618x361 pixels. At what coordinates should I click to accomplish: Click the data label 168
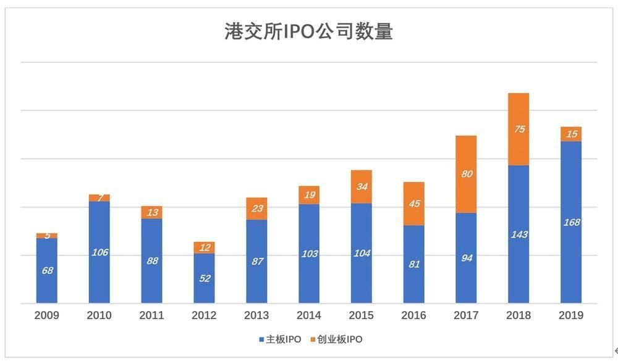571,222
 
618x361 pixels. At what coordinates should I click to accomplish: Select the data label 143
519,234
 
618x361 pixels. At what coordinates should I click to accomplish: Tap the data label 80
466,174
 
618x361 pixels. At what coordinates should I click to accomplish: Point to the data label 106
99,252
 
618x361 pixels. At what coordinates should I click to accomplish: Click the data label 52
204,278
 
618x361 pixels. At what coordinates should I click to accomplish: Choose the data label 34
361,186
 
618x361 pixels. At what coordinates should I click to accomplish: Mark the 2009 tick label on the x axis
47,315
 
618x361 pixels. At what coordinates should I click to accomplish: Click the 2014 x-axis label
308,315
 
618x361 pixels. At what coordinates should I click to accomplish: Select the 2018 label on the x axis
518,315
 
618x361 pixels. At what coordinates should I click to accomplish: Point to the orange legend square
311,340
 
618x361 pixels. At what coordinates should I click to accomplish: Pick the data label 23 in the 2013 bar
256,209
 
